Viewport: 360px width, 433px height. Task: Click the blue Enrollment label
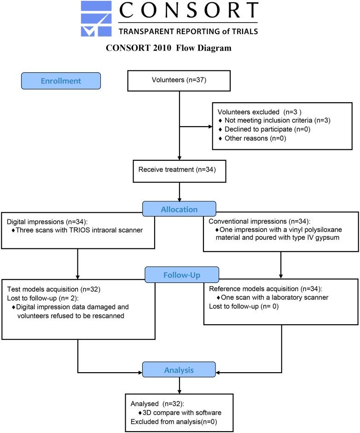(x=61, y=81)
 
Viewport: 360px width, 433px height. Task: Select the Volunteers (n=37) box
(x=179, y=81)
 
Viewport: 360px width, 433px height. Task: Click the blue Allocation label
(x=179, y=210)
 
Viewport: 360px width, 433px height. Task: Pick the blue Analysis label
(x=179, y=370)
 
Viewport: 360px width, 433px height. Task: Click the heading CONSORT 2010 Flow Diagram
(x=168, y=48)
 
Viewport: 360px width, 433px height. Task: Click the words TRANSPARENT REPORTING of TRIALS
(x=188, y=31)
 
